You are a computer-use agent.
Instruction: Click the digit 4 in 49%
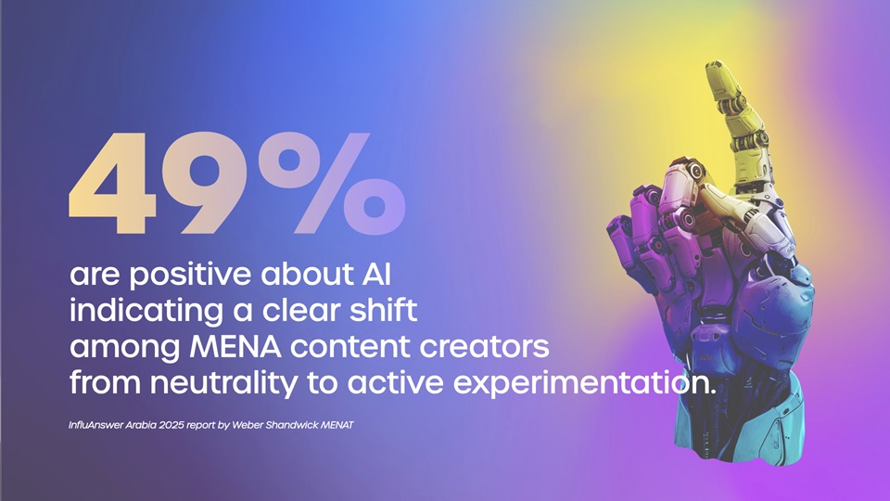[112, 183]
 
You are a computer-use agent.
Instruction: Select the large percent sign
[332, 183]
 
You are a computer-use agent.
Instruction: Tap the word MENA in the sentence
[235, 347]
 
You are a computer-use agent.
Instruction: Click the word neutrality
[223, 383]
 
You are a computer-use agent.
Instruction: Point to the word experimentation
[585, 384]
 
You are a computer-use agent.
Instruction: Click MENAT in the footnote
[337, 425]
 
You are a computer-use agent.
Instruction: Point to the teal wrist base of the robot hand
[738, 423]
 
